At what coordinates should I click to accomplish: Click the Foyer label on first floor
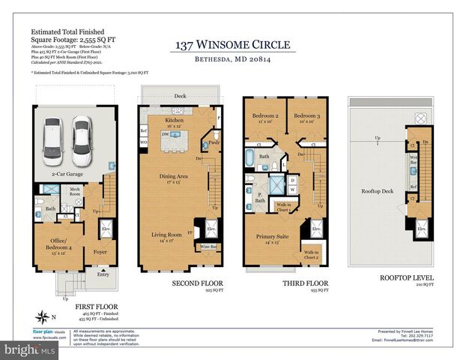pyautogui.click(x=100, y=252)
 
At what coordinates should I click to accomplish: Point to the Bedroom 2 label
pyautogui.click(x=265, y=116)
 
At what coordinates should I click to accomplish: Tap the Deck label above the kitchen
pyautogui.click(x=180, y=97)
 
